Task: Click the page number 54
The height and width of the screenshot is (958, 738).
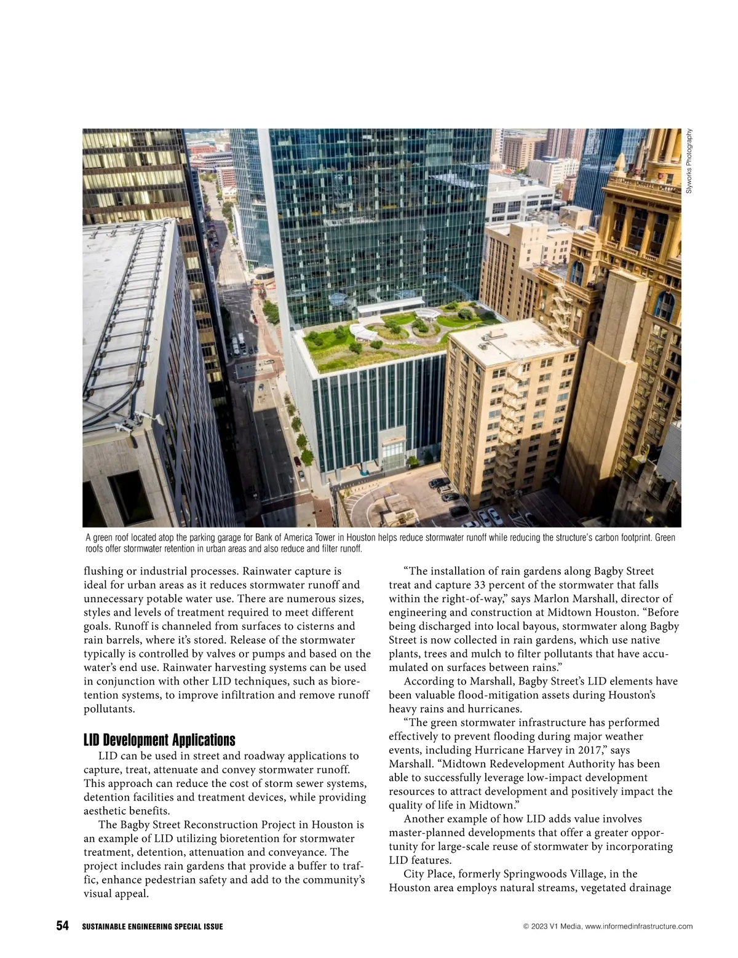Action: (x=63, y=926)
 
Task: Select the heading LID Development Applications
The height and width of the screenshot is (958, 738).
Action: (x=159, y=740)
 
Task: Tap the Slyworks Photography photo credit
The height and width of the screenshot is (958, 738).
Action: (x=689, y=161)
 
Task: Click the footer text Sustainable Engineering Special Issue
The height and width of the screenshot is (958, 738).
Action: (x=153, y=927)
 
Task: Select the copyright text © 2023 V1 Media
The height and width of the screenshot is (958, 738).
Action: (x=550, y=927)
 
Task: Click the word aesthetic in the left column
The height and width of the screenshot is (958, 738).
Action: (x=108, y=811)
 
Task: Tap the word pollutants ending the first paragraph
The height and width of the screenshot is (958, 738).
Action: (x=109, y=708)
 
